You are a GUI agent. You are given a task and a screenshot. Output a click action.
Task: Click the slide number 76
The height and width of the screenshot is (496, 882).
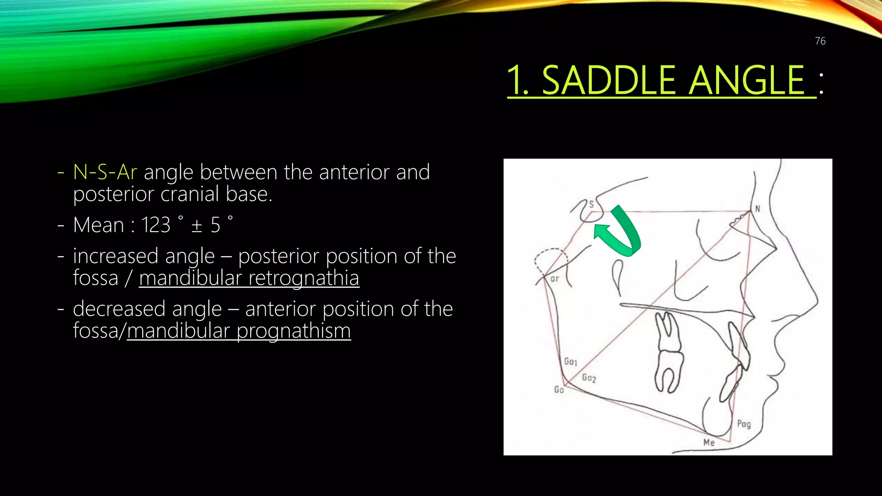coord(820,41)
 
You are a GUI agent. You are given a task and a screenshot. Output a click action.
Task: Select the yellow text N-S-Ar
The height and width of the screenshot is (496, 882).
coord(105,172)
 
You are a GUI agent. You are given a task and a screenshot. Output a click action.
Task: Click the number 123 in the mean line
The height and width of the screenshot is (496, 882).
coord(155,225)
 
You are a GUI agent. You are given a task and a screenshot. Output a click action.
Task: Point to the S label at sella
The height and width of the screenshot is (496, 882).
coord(591,204)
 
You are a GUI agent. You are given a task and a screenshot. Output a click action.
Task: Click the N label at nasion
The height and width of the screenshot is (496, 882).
coord(758,209)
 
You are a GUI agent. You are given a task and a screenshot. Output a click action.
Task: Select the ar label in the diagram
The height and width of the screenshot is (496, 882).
coord(555,279)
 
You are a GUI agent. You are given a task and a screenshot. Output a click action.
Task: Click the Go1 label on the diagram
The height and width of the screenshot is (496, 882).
coord(571,361)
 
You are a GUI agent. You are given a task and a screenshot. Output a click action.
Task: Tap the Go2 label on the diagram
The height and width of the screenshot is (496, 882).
coord(589,378)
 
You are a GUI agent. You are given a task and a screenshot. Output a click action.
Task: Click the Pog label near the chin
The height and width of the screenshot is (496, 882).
coord(744,424)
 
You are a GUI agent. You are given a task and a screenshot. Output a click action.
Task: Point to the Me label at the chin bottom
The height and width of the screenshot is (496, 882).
coord(709,442)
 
